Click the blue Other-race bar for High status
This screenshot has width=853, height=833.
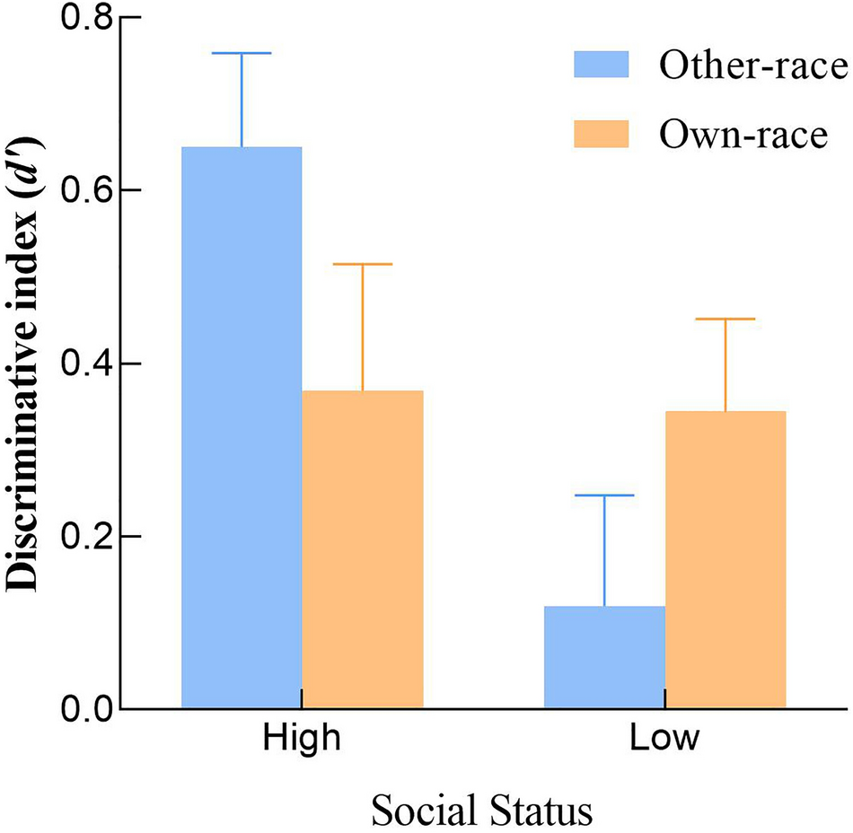click(242, 427)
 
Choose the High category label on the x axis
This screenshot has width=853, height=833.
click(302, 740)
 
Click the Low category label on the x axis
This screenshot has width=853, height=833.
click(664, 740)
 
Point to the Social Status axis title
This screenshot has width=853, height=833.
click(482, 811)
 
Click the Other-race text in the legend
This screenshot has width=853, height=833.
click(741, 65)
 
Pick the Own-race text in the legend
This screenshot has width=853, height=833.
click(741, 135)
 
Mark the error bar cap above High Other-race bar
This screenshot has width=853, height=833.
click(242, 54)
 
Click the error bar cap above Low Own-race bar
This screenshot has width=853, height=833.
click(725, 319)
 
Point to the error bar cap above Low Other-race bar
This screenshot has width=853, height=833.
click(604, 495)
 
